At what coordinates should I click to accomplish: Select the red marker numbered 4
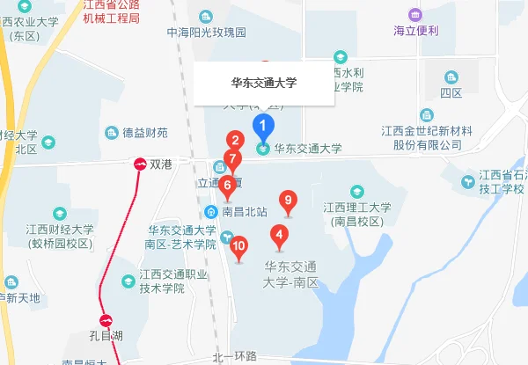click(x=279, y=235)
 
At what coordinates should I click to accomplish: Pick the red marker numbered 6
click(x=227, y=186)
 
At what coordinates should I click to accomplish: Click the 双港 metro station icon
click(x=139, y=164)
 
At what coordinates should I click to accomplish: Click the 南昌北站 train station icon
click(x=211, y=212)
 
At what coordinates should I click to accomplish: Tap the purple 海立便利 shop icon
click(x=414, y=14)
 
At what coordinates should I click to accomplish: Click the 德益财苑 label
click(x=144, y=133)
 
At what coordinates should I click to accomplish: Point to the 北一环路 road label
click(x=234, y=356)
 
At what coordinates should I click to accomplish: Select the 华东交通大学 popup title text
click(x=264, y=84)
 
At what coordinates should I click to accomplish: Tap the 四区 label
click(x=451, y=92)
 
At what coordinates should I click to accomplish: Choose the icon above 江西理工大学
click(x=356, y=191)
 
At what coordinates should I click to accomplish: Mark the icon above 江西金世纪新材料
click(x=427, y=115)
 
